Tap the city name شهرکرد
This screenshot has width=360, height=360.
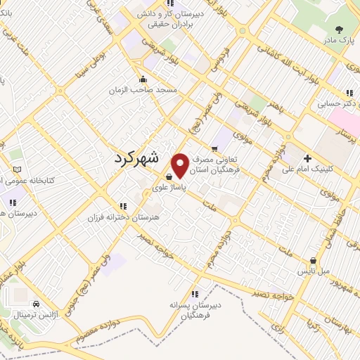(x=146, y=160)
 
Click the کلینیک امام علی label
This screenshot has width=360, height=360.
(x=307, y=169)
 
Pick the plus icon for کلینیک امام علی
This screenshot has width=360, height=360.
(x=307, y=157)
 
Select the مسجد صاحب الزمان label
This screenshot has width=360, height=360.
(x=144, y=91)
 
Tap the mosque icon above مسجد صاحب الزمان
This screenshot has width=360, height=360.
(x=143, y=79)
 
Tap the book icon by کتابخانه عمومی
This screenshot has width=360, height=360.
(x=17, y=169)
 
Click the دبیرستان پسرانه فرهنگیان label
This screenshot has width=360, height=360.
(x=195, y=309)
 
